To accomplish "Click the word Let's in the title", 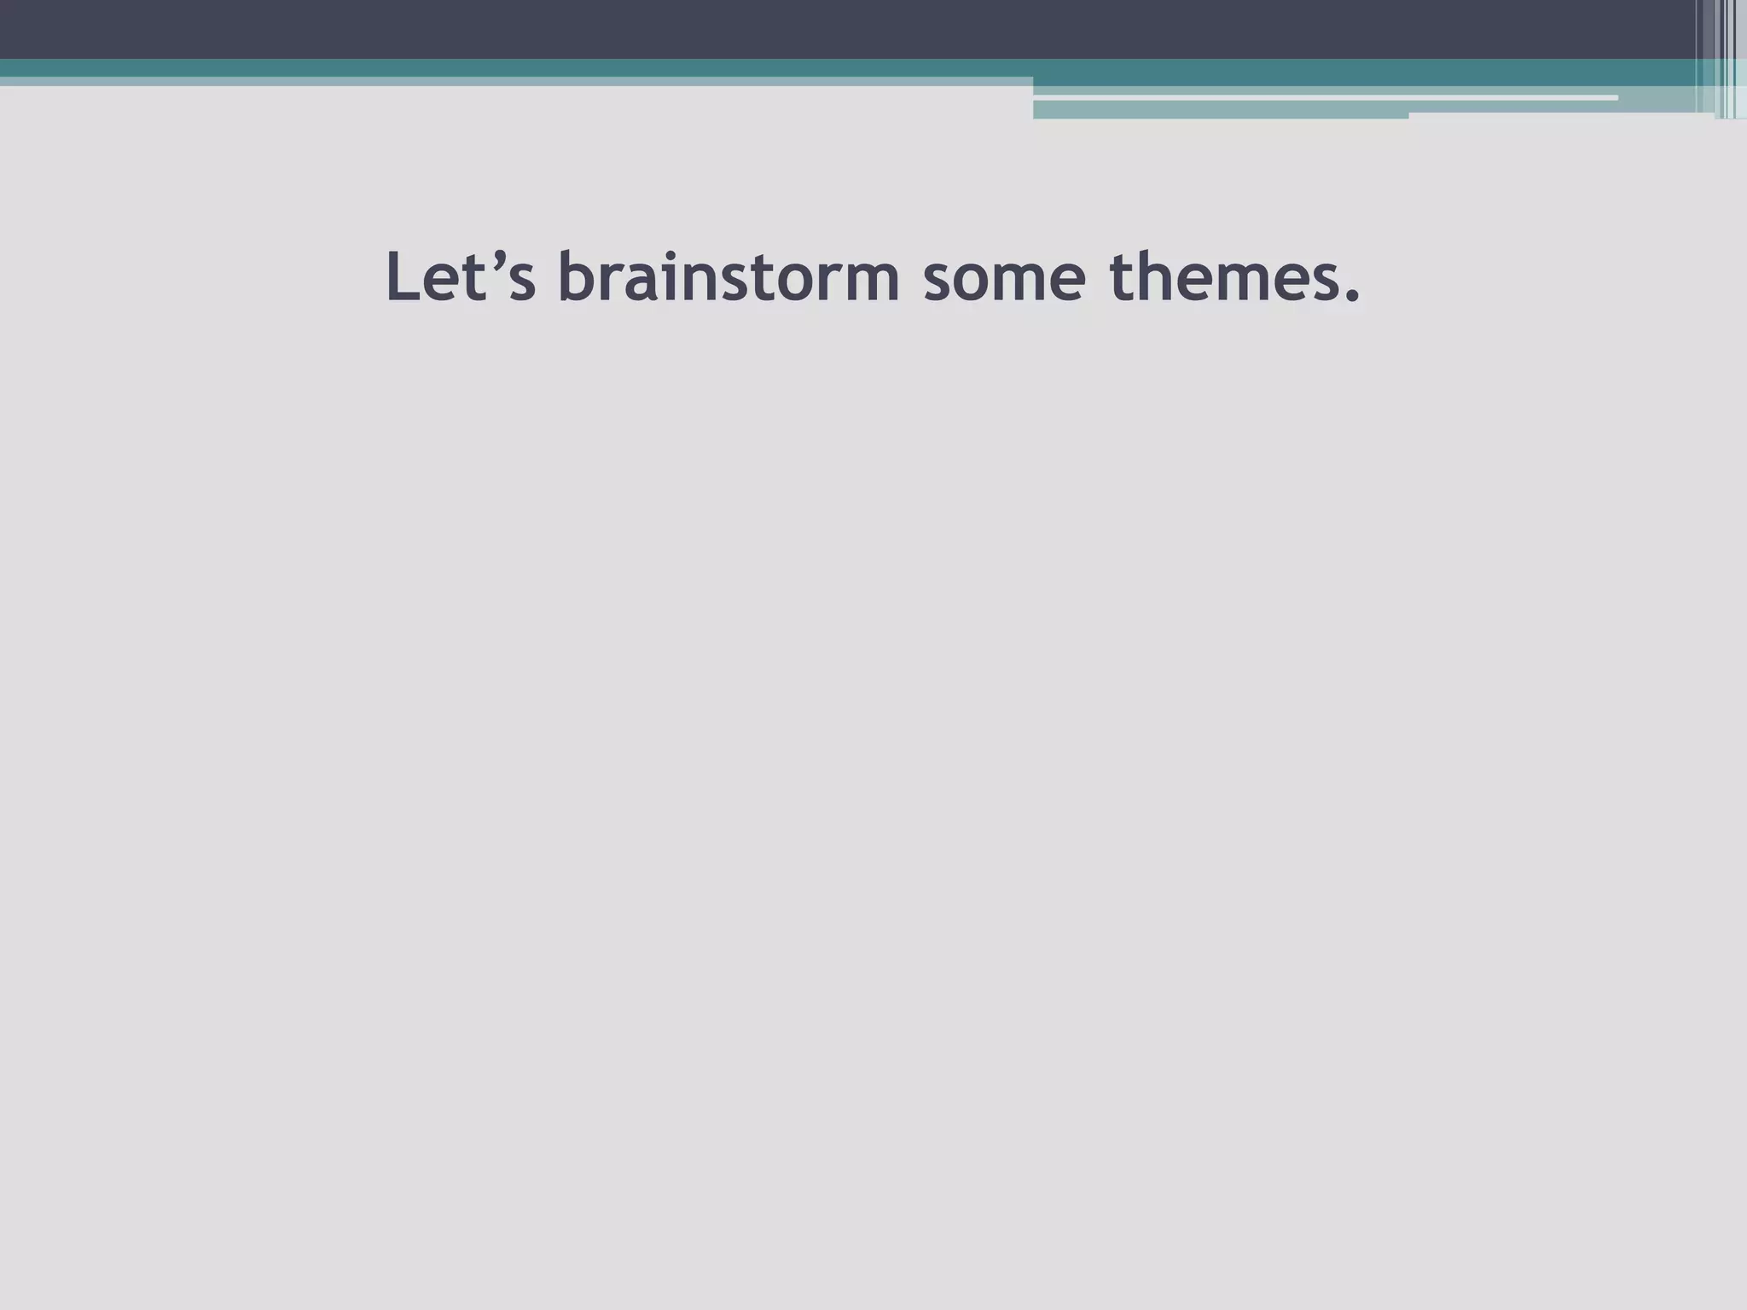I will pyautogui.click(x=461, y=277).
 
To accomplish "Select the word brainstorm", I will pyautogui.click(x=729, y=277).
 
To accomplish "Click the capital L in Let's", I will pyautogui.click(x=403, y=277).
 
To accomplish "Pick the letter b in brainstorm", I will pyautogui.click(x=577, y=277).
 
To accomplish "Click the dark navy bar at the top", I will pyautogui.click(x=768, y=29).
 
